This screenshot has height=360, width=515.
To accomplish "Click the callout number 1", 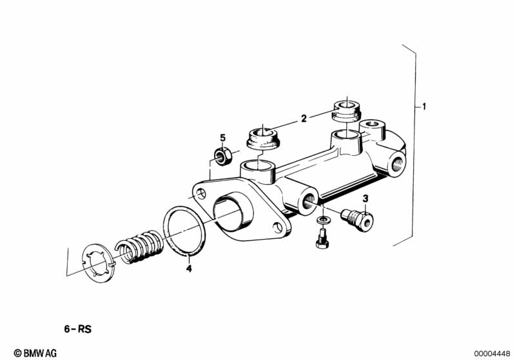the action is pyautogui.click(x=424, y=106).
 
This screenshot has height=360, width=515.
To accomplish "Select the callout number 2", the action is pyautogui.click(x=302, y=118).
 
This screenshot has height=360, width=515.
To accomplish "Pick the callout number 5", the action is pyautogui.click(x=222, y=137).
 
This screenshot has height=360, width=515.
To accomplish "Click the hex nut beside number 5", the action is pyautogui.click(x=222, y=156).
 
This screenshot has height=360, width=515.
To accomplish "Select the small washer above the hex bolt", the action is pyautogui.click(x=322, y=222).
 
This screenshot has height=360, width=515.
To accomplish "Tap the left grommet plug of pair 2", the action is pyautogui.click(x=263, y=138).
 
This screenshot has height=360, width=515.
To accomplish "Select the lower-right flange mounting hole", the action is pyautogui.click(x=279, y=226).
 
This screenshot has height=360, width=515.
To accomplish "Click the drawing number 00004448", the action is pyautogui.click(x=492, y=352).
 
